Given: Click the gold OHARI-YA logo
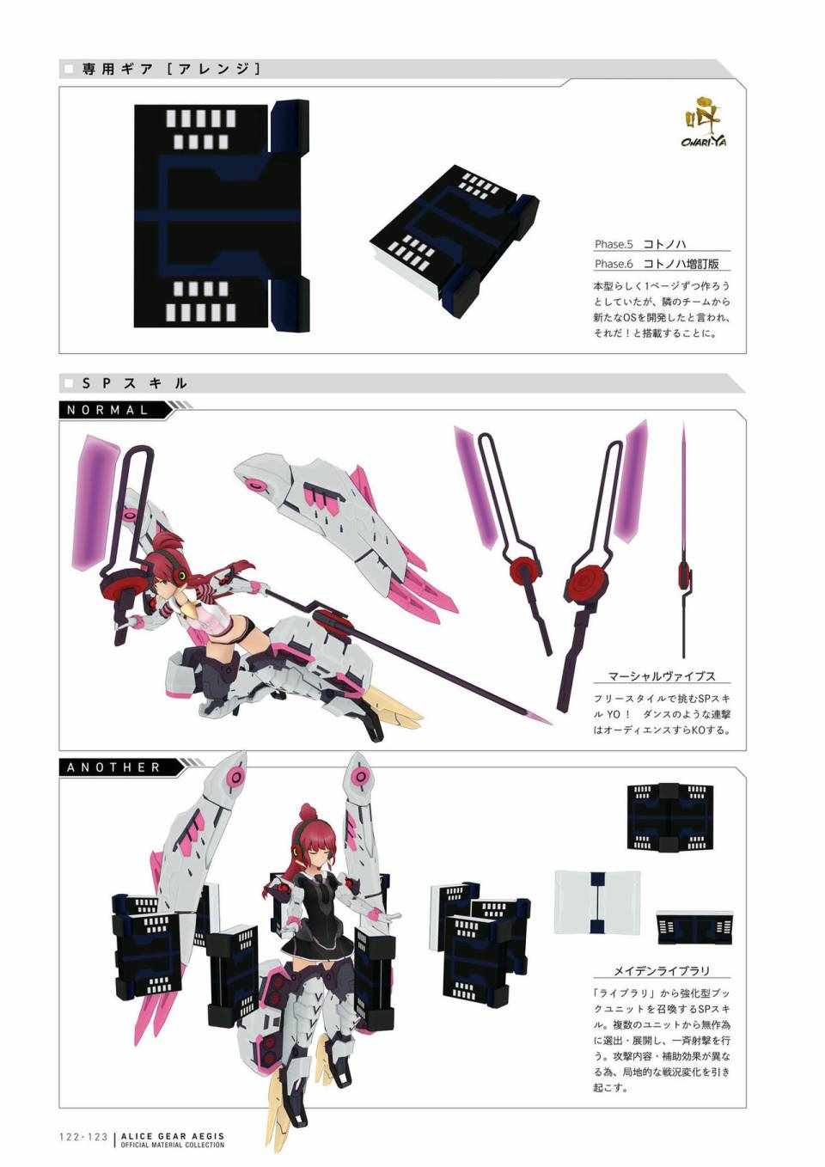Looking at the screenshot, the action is (700, 123).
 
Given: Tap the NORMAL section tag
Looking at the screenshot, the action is (107, 410).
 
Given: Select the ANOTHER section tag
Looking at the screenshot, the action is (113, 767).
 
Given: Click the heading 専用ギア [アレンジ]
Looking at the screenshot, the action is (170, 70).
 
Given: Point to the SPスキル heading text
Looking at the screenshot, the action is (134, 384).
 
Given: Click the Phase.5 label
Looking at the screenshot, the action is (614, 244).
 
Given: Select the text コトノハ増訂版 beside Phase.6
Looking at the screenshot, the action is (681, 264).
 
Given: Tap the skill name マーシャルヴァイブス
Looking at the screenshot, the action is (662, 677).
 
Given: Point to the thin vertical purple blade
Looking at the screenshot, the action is (683, 540).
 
